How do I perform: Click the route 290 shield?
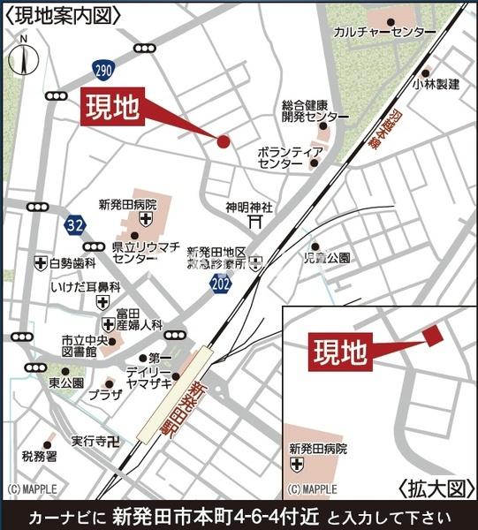(x=103, y=70)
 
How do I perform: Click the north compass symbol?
(x=23, y=57)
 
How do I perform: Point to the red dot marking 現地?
(x=223, y=140)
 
